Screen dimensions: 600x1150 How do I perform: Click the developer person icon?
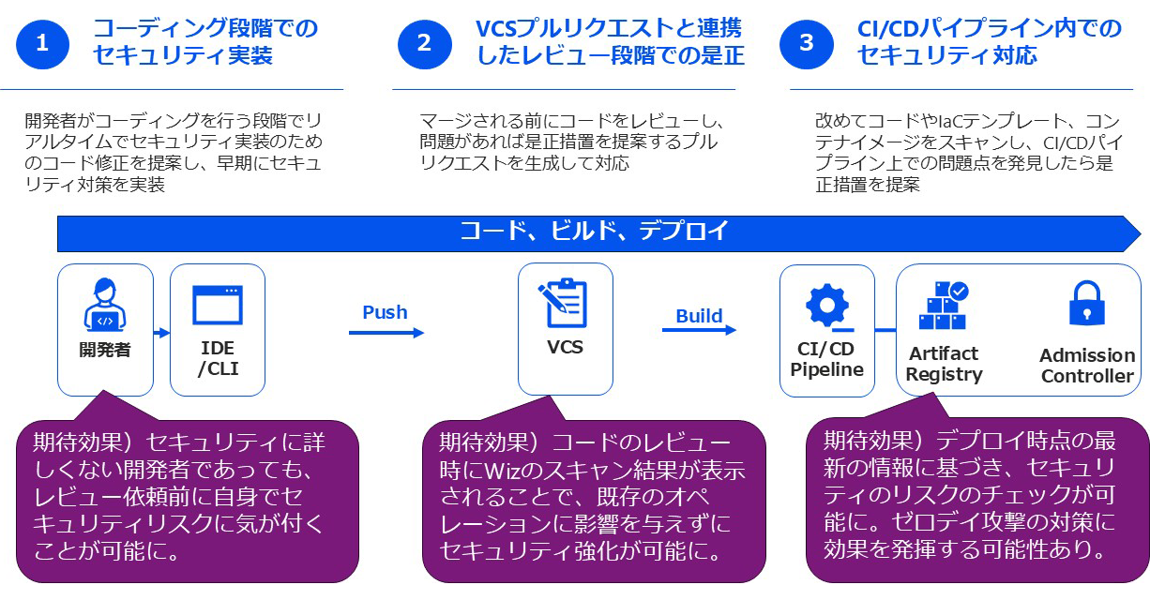click(x=105, y=307)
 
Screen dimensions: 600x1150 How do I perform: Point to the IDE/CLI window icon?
click(x=218, y=305)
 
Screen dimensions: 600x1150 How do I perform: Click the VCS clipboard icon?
click(x=564, y=303)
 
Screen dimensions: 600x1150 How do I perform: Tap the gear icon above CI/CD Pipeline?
click(x=827, y=306)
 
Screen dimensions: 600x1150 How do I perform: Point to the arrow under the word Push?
click(x=386, y=332)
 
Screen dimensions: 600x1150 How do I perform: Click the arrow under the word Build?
click(x=699, y=330)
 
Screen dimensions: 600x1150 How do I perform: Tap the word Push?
click(x=385, y=312)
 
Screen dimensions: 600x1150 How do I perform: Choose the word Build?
click(x=699, y=315)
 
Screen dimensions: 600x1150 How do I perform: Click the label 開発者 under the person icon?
click(x=104, y=351)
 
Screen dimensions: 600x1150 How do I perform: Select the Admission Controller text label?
click(x=1087, y=366)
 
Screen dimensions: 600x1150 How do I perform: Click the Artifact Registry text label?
click(x=944, y=364)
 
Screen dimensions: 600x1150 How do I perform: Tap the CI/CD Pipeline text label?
click(x=826, y=359)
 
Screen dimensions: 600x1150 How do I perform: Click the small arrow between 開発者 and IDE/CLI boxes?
click(x=161, y=332)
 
